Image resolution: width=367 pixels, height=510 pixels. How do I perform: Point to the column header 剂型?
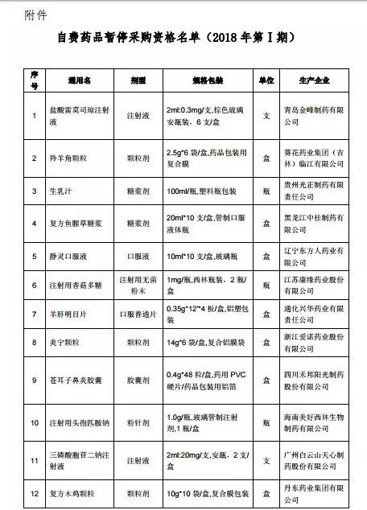point(136,81)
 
